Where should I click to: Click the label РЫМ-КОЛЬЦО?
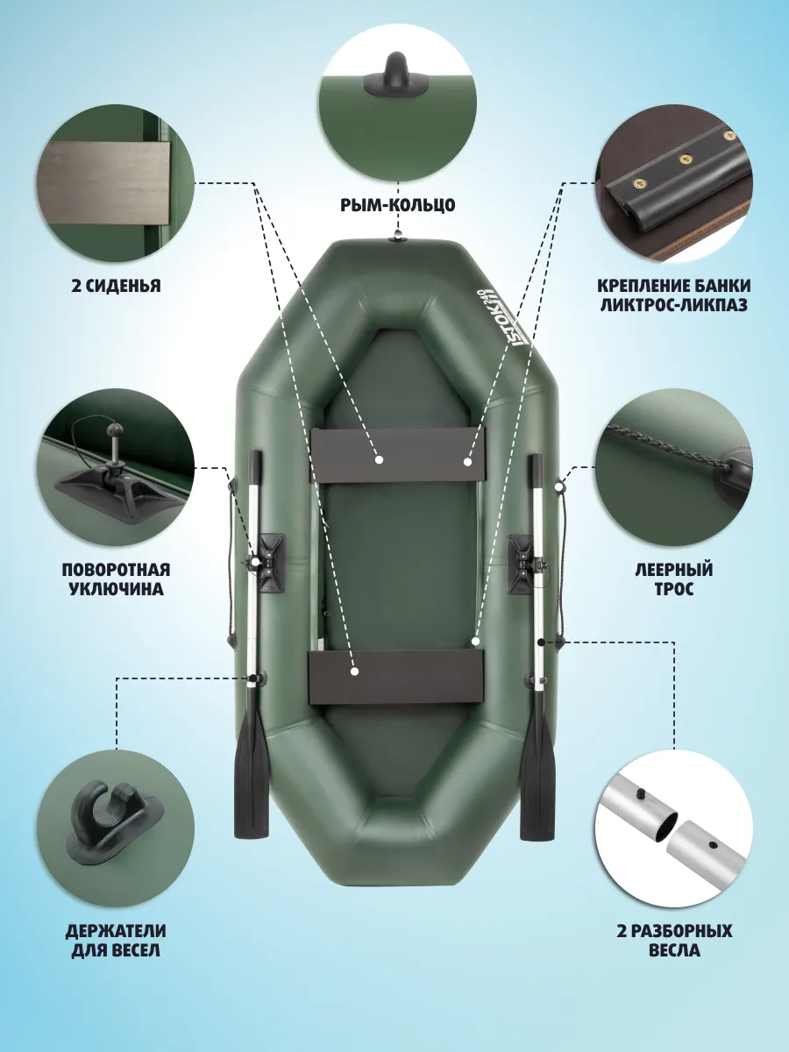click(398, 204)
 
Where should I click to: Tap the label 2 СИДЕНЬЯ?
click(116, 286)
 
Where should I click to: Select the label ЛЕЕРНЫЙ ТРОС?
click(674, 579)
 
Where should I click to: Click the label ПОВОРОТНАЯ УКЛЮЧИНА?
click(116, 579)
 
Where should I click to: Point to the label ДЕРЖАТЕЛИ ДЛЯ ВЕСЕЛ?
click(116, 941)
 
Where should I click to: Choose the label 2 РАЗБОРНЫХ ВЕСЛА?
click(674, 941)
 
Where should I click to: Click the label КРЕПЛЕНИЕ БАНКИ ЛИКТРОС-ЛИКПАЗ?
click(674, 295)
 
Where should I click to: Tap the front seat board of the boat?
click(397, 454)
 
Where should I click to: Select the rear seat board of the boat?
click(396, 676)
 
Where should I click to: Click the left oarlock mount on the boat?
click(270, 564)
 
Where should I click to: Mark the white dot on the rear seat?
click(354, 672)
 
